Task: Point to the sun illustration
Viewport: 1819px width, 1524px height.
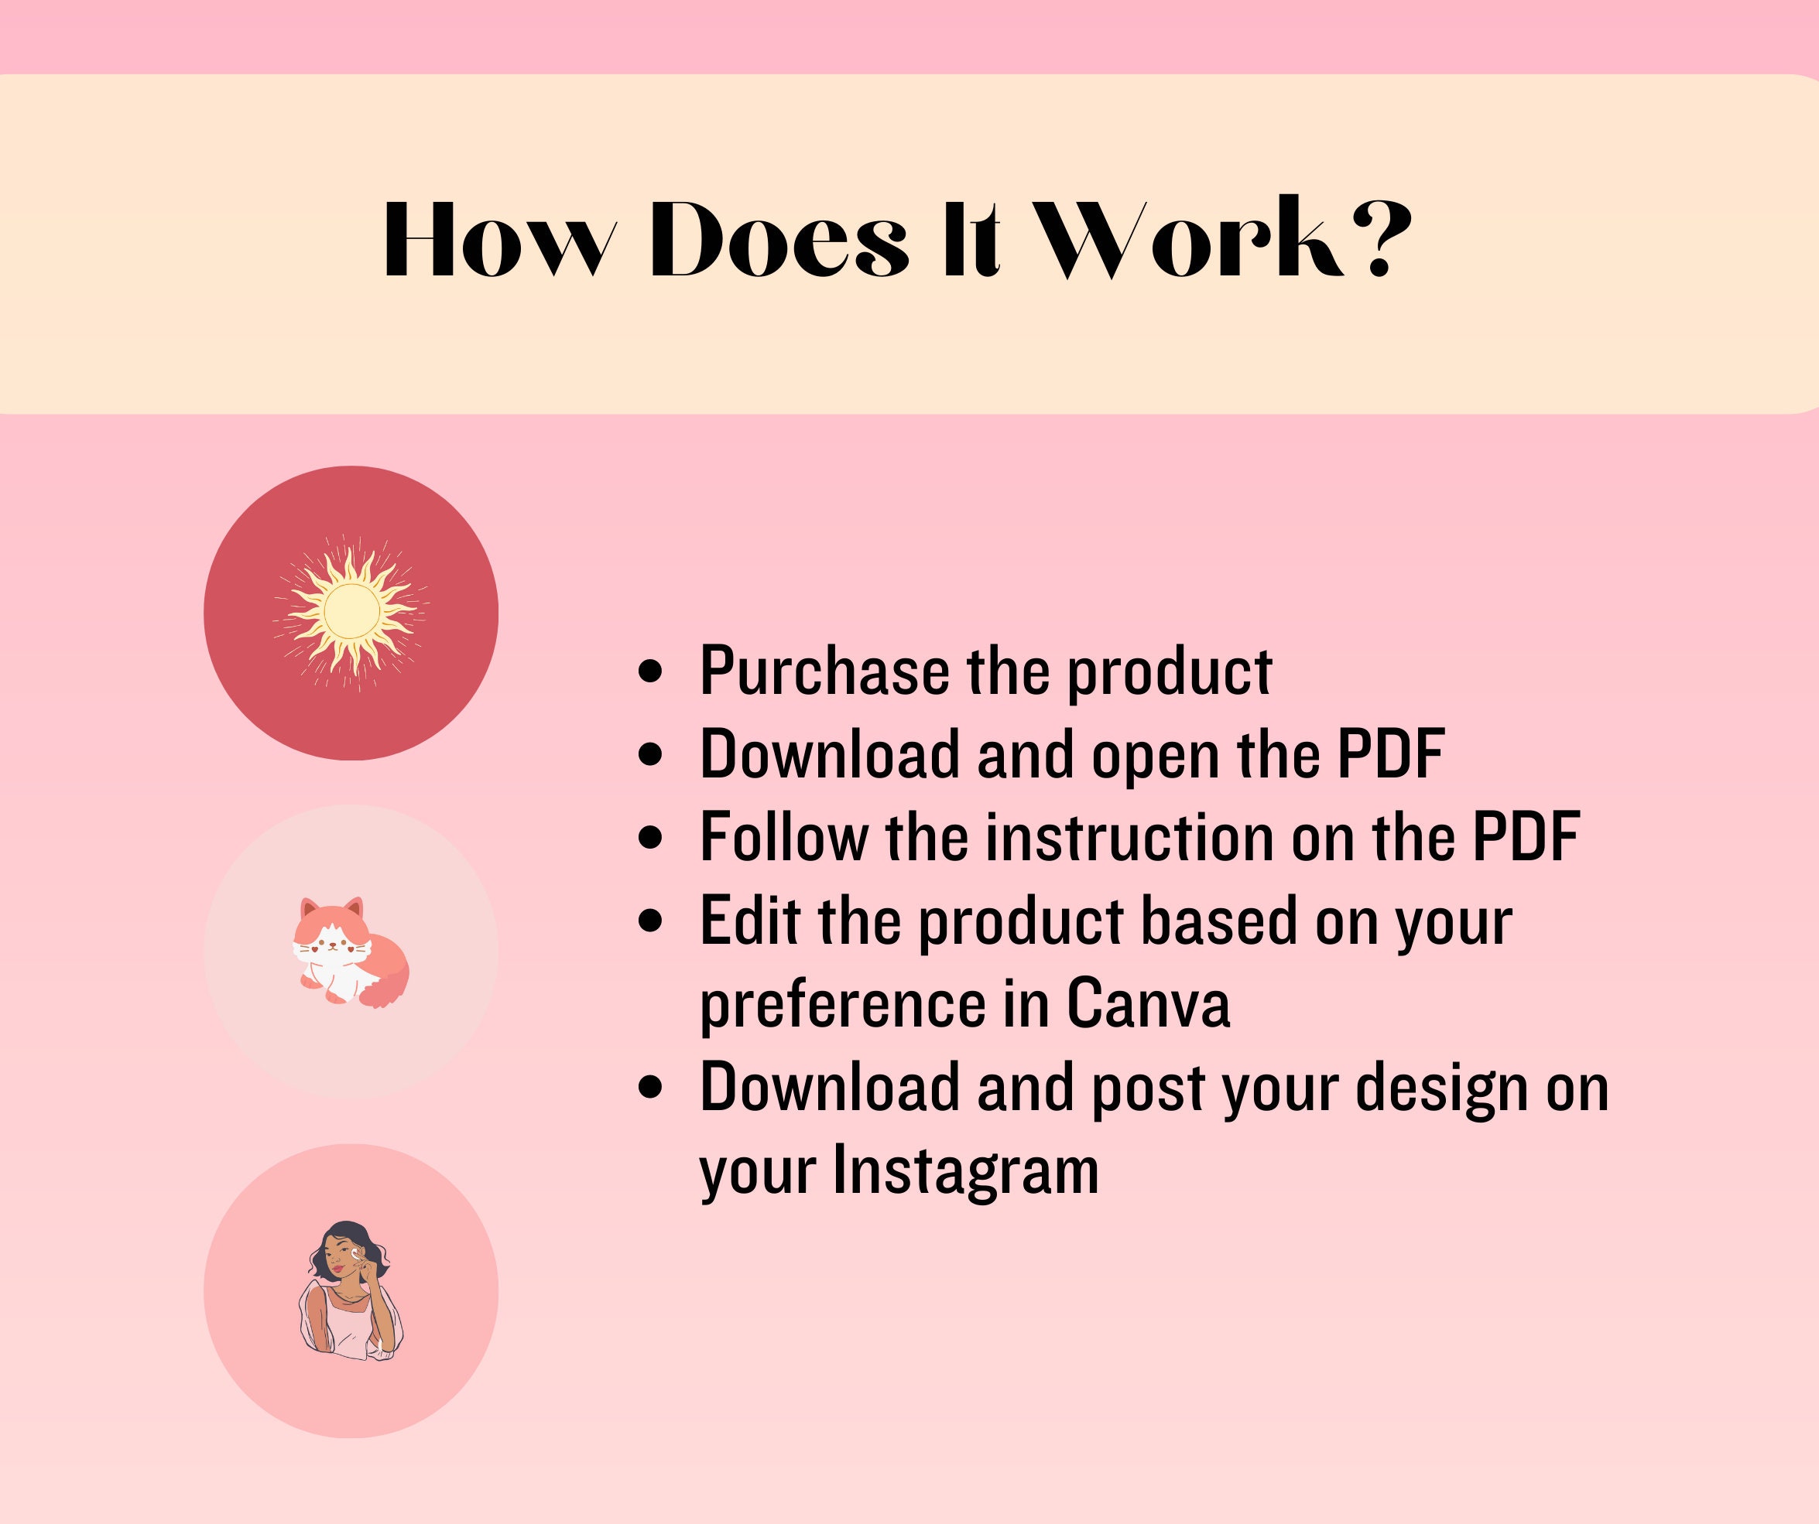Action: coord(351,612)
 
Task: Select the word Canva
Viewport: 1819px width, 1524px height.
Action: coord(1148,1003)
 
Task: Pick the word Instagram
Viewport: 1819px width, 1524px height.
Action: coord(966,1170)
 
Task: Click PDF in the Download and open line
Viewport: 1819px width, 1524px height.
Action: coord(1390,754)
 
